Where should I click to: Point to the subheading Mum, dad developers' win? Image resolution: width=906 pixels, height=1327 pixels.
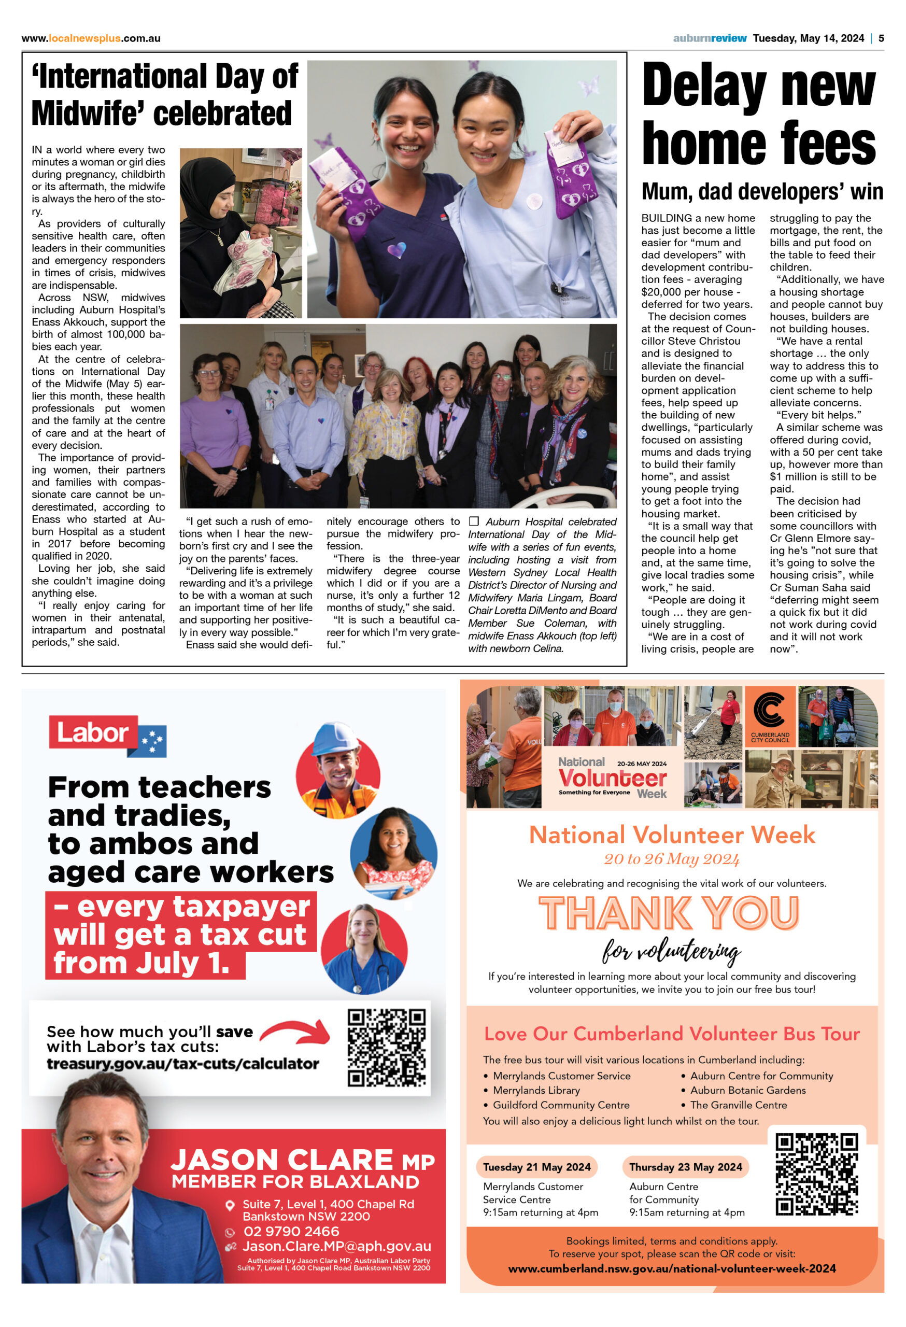(x=761, y=192)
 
